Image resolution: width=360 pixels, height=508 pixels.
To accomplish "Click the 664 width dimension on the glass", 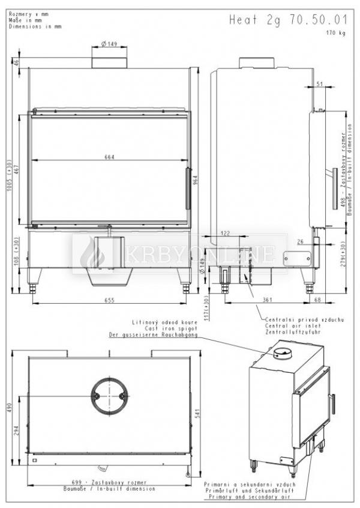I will [109, 157].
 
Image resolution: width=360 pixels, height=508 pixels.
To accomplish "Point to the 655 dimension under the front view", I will [109, 300].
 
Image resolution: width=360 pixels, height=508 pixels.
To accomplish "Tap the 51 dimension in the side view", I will [319, 83].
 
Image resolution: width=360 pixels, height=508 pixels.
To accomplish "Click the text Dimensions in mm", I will [35, 27].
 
